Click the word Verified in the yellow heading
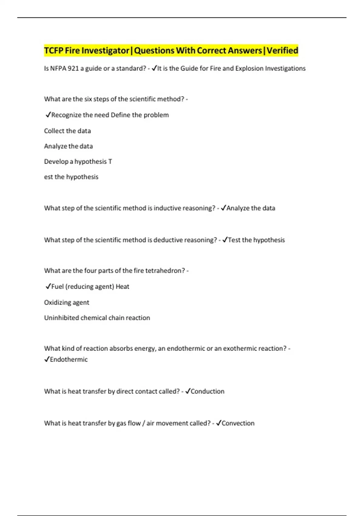click(x=282, y=50)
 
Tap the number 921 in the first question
click(x=73, y=69)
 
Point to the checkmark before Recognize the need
click(x=48, y=115)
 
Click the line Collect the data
click(x=67, y=131)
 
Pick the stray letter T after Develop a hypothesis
click(x=110, y=161)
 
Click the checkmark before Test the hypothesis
click(x=224, y=240)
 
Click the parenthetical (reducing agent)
click(x=89, y=287)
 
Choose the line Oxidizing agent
click(x=66, y=303)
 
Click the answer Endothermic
click(x=69, y=359)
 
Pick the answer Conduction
click(x=207, y=392)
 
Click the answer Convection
click(x=238, y=423)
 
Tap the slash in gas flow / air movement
click(x=143, y=423)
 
